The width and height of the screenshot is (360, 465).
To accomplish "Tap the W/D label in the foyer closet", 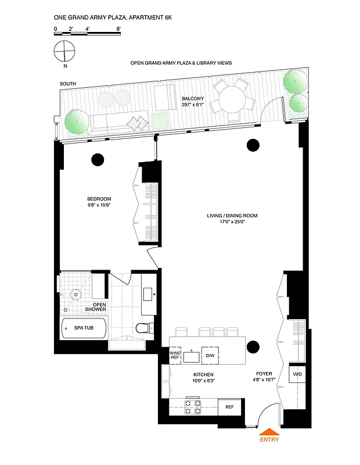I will click(x=297, y=374).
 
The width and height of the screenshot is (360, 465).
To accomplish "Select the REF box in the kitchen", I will click(x=229, y=406).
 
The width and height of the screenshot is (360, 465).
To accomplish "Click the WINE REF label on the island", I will click(x=175, y=355).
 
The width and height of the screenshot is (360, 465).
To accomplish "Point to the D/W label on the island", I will click(x=226, y=355).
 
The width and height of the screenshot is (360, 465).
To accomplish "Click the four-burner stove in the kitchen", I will click(x=193, y=406).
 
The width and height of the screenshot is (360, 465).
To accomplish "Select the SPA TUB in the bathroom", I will click(x=84, y=329).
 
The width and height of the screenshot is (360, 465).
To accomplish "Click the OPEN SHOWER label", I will click(x=96, y=306).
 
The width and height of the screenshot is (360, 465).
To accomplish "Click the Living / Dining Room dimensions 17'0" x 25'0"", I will click(x=232, y=222).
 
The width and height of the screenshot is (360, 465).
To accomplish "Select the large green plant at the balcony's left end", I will click(x=75, y=122).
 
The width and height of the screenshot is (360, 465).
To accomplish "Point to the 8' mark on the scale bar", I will click(x=118, y=28).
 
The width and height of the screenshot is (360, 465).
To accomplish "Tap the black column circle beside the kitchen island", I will click(x=253, y=347).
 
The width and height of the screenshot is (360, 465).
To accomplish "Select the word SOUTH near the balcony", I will click(x=68, y=85).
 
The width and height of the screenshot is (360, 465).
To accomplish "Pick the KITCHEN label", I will click(x=204, y=374).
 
